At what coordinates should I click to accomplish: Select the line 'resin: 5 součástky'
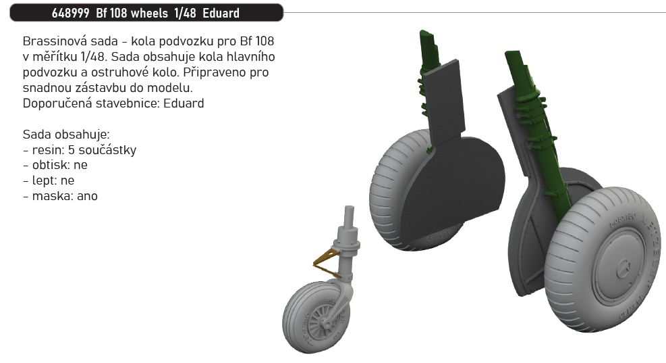79,149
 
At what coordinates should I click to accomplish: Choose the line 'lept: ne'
49,180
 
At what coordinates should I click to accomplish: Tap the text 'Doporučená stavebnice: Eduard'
113,103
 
